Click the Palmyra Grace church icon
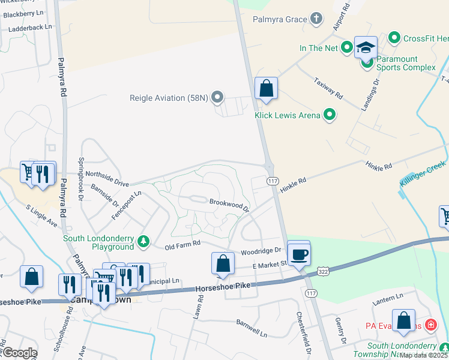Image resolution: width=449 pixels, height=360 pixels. pyautogui.click(x=317, y=19)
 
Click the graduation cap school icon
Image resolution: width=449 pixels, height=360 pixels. pyautogui.click(x=366, y=47)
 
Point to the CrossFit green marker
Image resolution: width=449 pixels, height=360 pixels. pyautogui.click(x=394, y=38)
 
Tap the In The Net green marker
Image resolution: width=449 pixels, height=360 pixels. pyautogui.click(x=347, y=47)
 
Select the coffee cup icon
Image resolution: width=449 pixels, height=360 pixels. pyautogui.click(x=299, y=253)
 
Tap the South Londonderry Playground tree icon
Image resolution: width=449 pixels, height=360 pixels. pyautogui.click(x=143, y=241)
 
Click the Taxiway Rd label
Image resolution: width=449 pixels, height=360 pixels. pyautogui.click(x=329, y=88)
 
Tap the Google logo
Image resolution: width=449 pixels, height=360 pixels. pyautogui.click(x=19, y=352)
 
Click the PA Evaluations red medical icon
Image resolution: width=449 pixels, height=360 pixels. pyautogui.click(x=430, y=326)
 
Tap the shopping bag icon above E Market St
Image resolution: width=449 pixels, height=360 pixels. pyautogui.click(x=223, y=263)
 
